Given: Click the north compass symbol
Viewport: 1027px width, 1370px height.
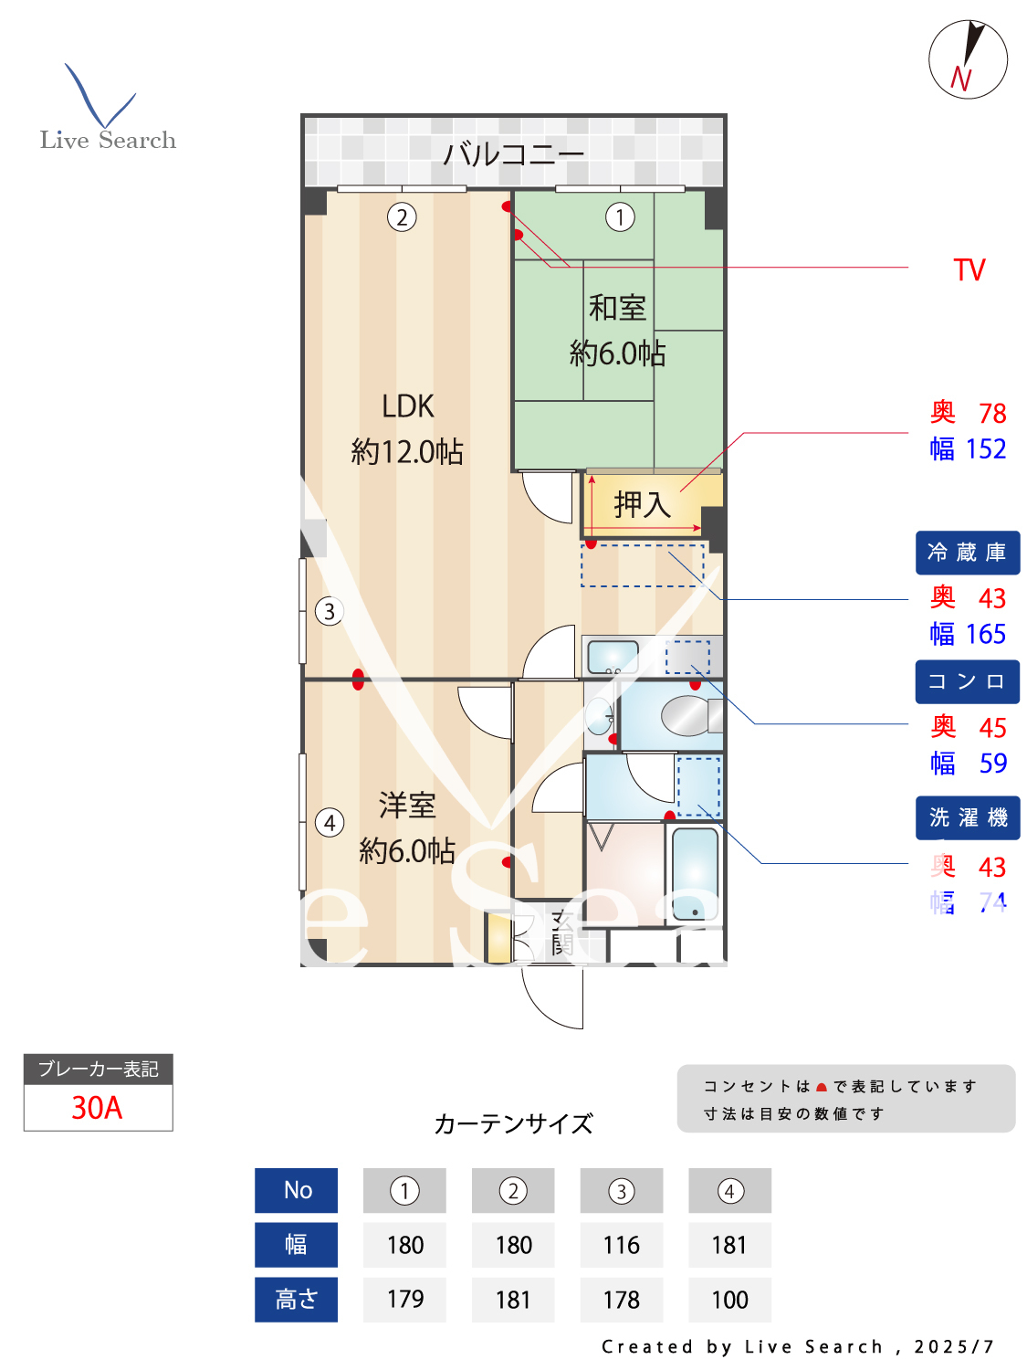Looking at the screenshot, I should click(968, 59).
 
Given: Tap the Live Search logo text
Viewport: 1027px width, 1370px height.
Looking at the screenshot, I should click(108, 140).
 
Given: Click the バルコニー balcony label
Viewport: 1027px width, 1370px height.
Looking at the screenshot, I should click(513, 153).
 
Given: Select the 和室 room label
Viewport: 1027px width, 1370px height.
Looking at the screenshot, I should click(617, 308).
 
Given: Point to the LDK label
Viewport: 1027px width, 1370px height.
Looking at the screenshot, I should click(407, 406).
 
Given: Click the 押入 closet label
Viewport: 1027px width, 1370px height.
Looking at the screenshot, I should click(643, 504).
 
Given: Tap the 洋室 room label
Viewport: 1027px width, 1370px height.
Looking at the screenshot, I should click(407, 806).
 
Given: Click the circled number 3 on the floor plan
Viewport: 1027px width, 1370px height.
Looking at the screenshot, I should click(330, 611).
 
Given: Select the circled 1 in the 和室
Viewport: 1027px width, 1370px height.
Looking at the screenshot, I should click(620, 217).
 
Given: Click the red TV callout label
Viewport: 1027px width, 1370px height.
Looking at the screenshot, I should click(969, 270).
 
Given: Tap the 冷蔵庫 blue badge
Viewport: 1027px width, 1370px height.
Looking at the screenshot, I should click(967, 553).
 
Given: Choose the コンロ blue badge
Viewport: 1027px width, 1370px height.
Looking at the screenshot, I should click(967, 682).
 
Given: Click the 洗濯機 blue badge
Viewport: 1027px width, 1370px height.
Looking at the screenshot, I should click(967, 817).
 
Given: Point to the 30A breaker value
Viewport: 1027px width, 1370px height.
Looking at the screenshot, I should click(97, 1108).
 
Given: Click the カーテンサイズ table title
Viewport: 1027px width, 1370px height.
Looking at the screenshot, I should click(513, 1123).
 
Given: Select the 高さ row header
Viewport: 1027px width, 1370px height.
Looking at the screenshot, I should click(296, 1300).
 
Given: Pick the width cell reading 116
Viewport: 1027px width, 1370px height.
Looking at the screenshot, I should click(621, 1245).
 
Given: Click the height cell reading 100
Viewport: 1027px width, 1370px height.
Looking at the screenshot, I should click(729, 1300).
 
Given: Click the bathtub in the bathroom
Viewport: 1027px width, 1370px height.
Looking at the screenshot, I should click(695, 873).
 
